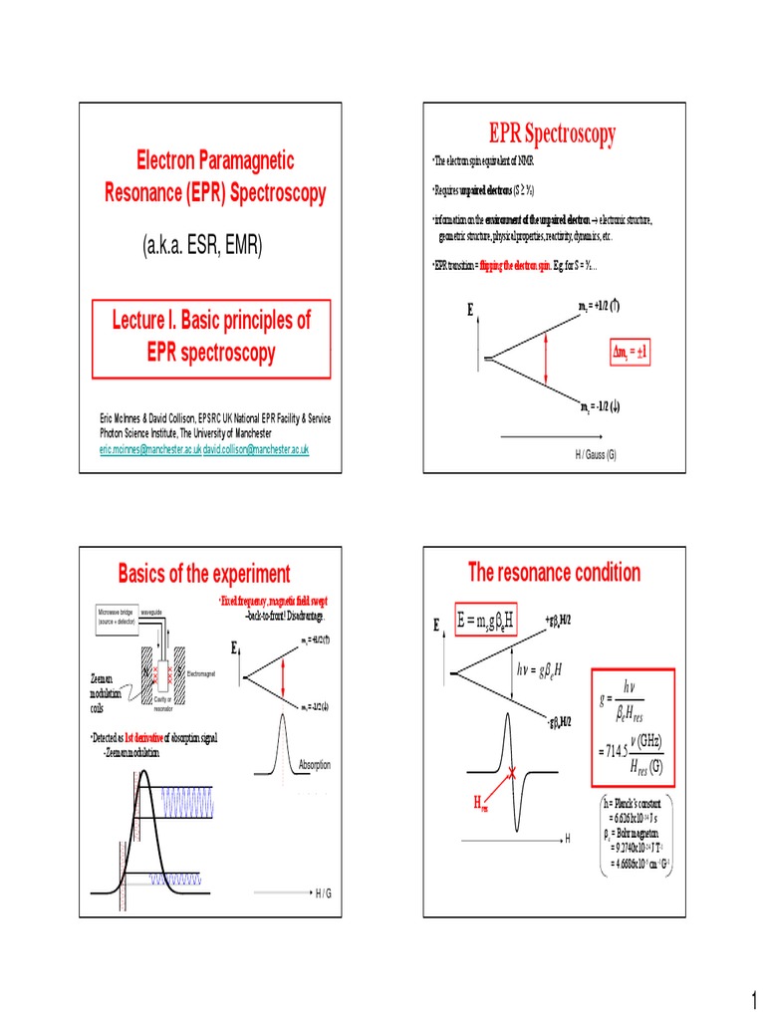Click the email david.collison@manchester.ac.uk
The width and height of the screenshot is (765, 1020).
point(256,450)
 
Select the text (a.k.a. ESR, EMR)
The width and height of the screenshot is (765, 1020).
point(204,246)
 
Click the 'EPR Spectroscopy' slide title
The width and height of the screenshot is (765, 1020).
point(551,133)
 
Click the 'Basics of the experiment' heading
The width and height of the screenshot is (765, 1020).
point(204,574)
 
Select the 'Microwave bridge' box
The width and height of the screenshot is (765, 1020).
point(119,617)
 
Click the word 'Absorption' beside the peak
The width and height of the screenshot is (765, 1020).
point(315,764)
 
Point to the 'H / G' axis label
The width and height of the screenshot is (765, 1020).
point(323,893)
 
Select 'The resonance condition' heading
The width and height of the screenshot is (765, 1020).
point(554,572)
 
